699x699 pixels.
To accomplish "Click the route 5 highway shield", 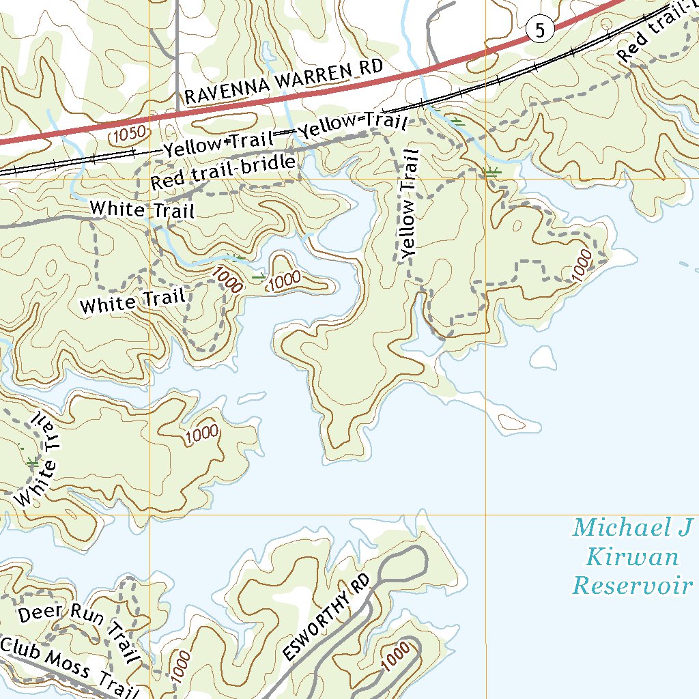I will pyautogui.click(x=539, y=30).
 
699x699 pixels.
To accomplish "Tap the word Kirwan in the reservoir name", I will pyautogui.click(x=633, y=557).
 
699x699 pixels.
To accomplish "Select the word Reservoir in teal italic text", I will pyautogui.click(x=633, y=586).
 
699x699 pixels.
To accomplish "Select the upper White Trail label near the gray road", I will pyautogui.click(x=142, y=209).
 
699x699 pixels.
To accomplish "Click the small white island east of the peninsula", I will pyautogui.click(x=544, y=356).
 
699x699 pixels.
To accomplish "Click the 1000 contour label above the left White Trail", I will pyautogui.click(x=201, y=432).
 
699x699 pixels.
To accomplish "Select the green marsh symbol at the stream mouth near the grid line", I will pyautogui.click(x=491, y=172).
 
